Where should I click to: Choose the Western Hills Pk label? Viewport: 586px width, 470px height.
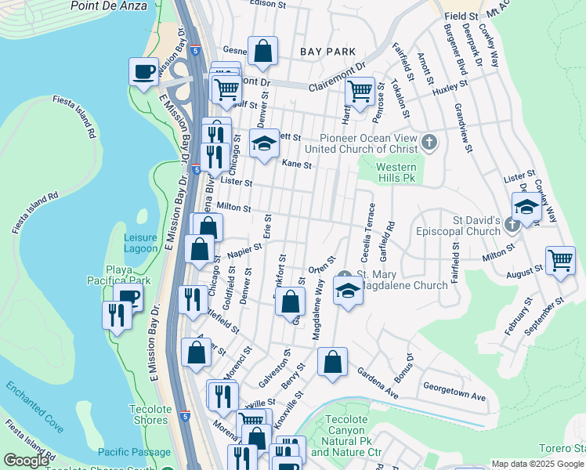tap(396, 173)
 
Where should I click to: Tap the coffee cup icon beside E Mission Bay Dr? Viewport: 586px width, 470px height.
tap(143, 72)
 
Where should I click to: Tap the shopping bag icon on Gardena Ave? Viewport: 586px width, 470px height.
tap(332, 363)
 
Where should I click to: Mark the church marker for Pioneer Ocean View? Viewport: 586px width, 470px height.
tap(429, 143)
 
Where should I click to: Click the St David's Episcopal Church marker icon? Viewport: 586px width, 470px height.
tap(512, 226)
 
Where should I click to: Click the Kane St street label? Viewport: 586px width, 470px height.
tap(297, 165)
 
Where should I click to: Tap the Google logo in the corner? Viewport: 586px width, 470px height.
tap(26, 461)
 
